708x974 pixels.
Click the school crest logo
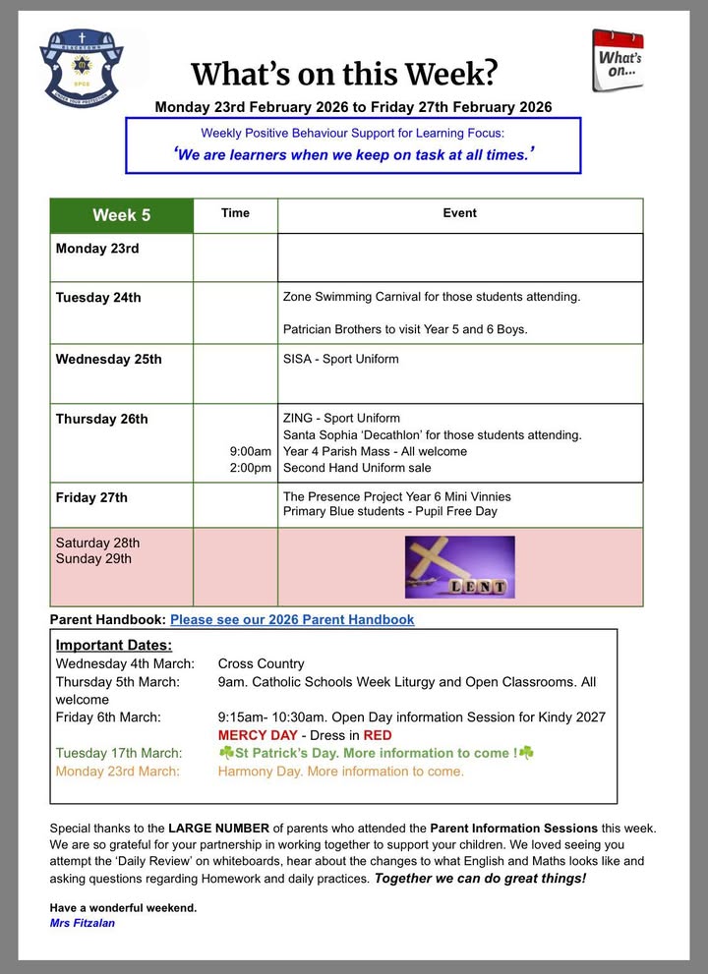[x=82, y=68]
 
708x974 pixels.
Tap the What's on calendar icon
[x=618, y=60]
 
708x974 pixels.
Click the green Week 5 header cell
[x=121, y=215]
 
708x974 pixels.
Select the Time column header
[x=235, y=213]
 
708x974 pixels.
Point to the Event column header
[x=459, y=213]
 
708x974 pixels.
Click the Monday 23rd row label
[x=97, y=249]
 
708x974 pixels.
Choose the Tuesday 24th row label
[x=98, y=298]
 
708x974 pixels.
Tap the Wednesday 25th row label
[x=108, y=359]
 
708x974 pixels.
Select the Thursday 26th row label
[x=101, y=419]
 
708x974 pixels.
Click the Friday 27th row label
[x=91, y=497]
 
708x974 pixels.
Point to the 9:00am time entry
[x=250, y=452]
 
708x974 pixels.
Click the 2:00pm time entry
[x=250, y=469]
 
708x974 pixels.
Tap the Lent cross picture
[x=459, y=567]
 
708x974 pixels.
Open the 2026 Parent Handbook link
[x=292, y=620]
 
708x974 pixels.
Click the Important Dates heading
[x=113, y=646]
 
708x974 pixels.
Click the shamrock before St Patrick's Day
[x=226, y=754]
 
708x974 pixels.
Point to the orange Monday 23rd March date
[x=117, y=772]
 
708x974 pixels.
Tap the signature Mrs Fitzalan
[x=82, y=923]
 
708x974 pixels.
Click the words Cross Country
[x=261, y=664]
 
